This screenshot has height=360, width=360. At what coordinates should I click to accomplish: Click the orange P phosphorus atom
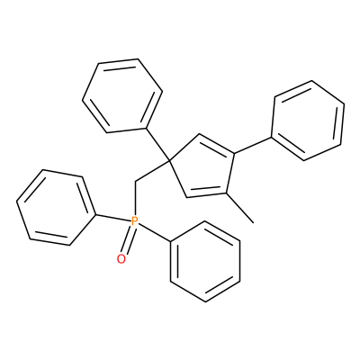tap(135, 221)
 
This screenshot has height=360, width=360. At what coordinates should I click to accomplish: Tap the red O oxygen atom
tap(121, 259)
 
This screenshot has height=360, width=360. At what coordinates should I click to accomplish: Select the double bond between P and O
tap(128, 240)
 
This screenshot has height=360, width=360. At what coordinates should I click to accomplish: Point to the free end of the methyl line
tap(254, 223)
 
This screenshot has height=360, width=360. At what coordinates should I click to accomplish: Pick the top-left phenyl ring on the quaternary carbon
tap(122, 95)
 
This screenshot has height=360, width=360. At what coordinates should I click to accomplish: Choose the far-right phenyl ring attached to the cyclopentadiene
tap(308, 121)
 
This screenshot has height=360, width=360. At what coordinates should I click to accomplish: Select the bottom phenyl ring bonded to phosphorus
tap(205, 262)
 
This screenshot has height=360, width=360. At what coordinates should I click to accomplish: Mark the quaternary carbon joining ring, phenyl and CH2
tap(169, 161)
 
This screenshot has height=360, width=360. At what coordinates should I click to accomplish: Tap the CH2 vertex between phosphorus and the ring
tap(135, 182)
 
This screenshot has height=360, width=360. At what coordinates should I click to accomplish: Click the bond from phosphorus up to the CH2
tap(135, 199)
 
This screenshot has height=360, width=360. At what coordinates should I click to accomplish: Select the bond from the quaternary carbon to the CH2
tap(152, 171)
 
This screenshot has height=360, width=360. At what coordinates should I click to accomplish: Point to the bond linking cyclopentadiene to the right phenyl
tap(253, 146)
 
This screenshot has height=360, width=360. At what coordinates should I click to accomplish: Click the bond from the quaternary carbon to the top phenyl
tap(157, 145)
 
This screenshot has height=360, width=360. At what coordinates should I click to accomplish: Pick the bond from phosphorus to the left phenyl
tap(113, 219)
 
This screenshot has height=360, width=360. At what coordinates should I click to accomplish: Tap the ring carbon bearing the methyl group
tap(225, 193)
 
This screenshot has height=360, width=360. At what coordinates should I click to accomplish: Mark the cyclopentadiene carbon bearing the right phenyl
tap(234, 154)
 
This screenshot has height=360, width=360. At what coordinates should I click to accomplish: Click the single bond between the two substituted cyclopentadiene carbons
tap(229, 174)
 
